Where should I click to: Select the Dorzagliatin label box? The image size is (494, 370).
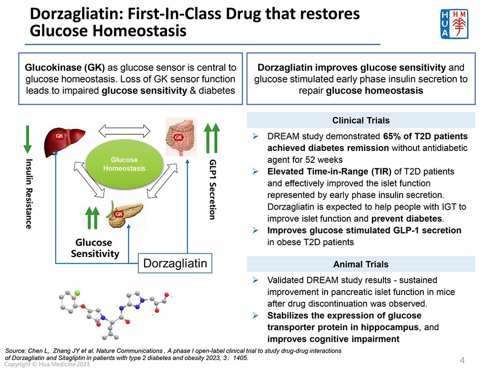175,263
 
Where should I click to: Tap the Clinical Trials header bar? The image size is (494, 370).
361,120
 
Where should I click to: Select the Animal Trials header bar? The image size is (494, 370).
361,264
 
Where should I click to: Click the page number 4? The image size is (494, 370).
462,360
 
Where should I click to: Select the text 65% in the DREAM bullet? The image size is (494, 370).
392,136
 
